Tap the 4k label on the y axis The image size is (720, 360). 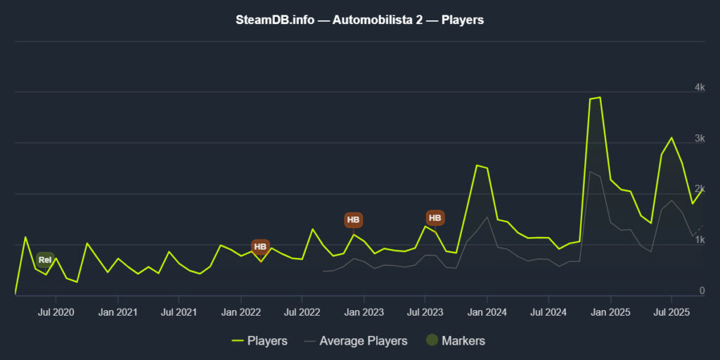coord(700,87)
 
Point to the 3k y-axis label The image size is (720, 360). coord(700,139)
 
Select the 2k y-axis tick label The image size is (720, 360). coord(700,189)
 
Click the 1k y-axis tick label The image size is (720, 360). coord(700,240)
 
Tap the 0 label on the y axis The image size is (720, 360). coord(702,291)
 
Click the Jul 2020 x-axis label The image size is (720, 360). coord(54,311)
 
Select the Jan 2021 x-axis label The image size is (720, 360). coord(117,311)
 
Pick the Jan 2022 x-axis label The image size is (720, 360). coord(240,311)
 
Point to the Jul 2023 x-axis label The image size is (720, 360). coord(424,311)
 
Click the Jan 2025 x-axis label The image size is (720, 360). coord(609,311)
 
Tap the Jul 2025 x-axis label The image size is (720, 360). coord(671,311)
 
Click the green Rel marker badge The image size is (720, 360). coord(45,260)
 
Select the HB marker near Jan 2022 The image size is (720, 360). coord(260,247)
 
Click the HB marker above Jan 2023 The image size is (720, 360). coord(354,220)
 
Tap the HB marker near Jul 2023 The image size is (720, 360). coord(435,219)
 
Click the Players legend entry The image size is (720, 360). coord(259,341)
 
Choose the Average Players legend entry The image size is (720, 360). coord(356,341)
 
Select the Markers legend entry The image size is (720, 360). coord(456,341)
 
